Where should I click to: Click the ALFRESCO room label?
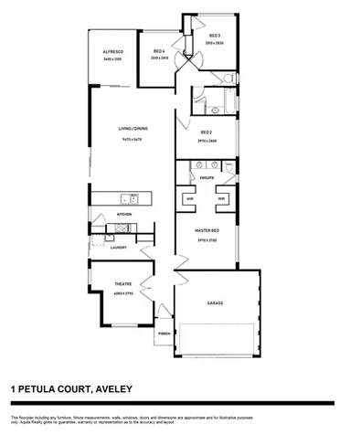tap(112, 52)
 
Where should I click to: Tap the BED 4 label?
tap(159, 51)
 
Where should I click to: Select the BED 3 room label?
tap(215, 36)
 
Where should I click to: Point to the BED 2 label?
tap(207, 132)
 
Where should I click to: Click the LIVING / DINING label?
tap(133, 128)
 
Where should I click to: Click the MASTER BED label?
tap(207, 232)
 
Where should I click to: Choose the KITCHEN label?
tap(125, 214)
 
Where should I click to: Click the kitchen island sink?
tap(132, 198)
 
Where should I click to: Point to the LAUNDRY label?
tap(117, 248)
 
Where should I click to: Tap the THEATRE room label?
tap(122, 283)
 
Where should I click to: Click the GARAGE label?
tap(215, 302)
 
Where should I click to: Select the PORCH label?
tap(165, 334)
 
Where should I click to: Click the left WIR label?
tap(190, 198)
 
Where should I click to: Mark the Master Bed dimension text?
tap(207, 240)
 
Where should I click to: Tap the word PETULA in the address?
tap(46, 388)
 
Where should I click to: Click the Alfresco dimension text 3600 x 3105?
tap(112, 59)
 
